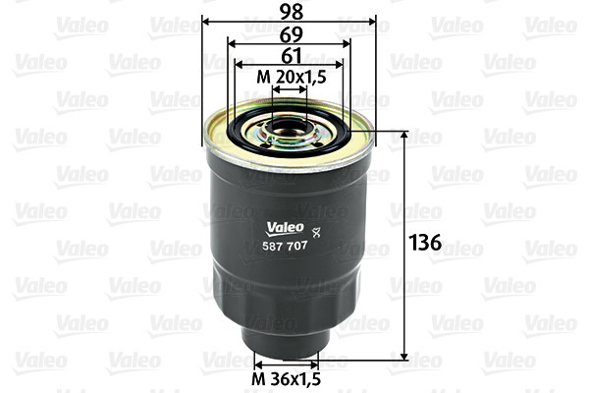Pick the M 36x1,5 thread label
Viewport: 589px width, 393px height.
(287, 379)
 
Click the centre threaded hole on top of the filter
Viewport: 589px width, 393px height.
(290, 127)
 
